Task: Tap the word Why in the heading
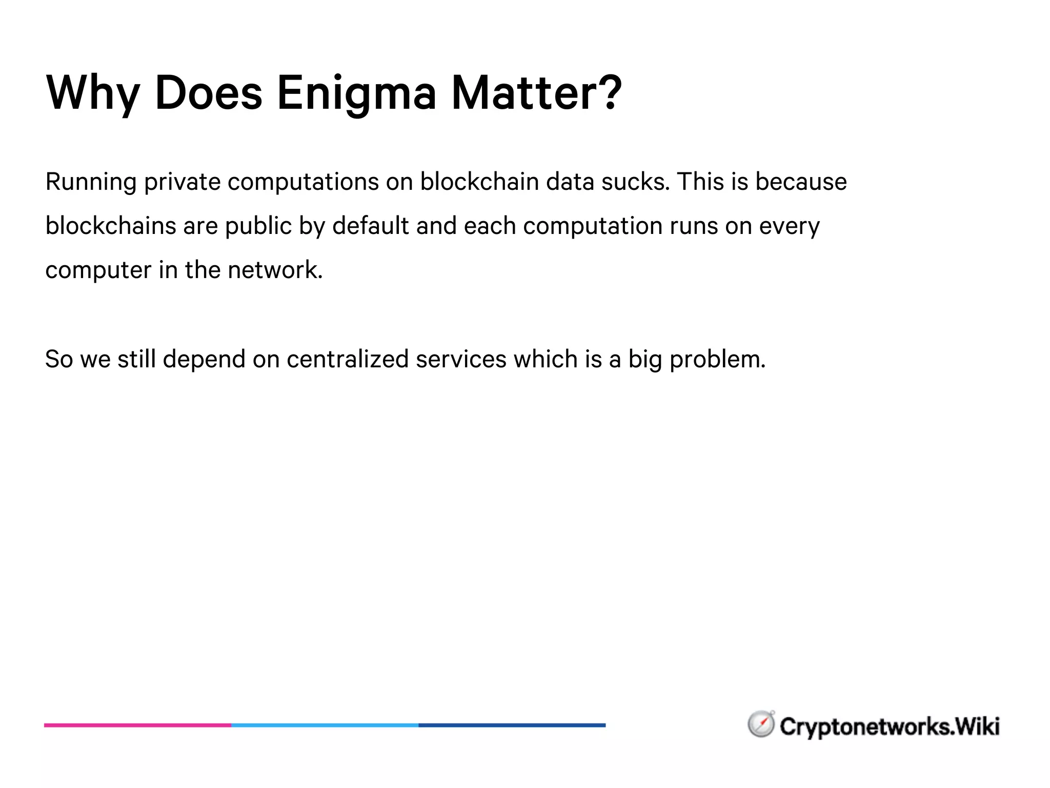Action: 93,94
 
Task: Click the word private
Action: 182,182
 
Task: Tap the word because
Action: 801,182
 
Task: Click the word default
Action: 371,226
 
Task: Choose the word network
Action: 275,270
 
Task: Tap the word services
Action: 461,359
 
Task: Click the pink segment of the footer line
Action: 137,725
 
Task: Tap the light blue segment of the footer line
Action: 325,725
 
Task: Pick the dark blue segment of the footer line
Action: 512,725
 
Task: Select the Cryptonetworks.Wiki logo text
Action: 890,726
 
